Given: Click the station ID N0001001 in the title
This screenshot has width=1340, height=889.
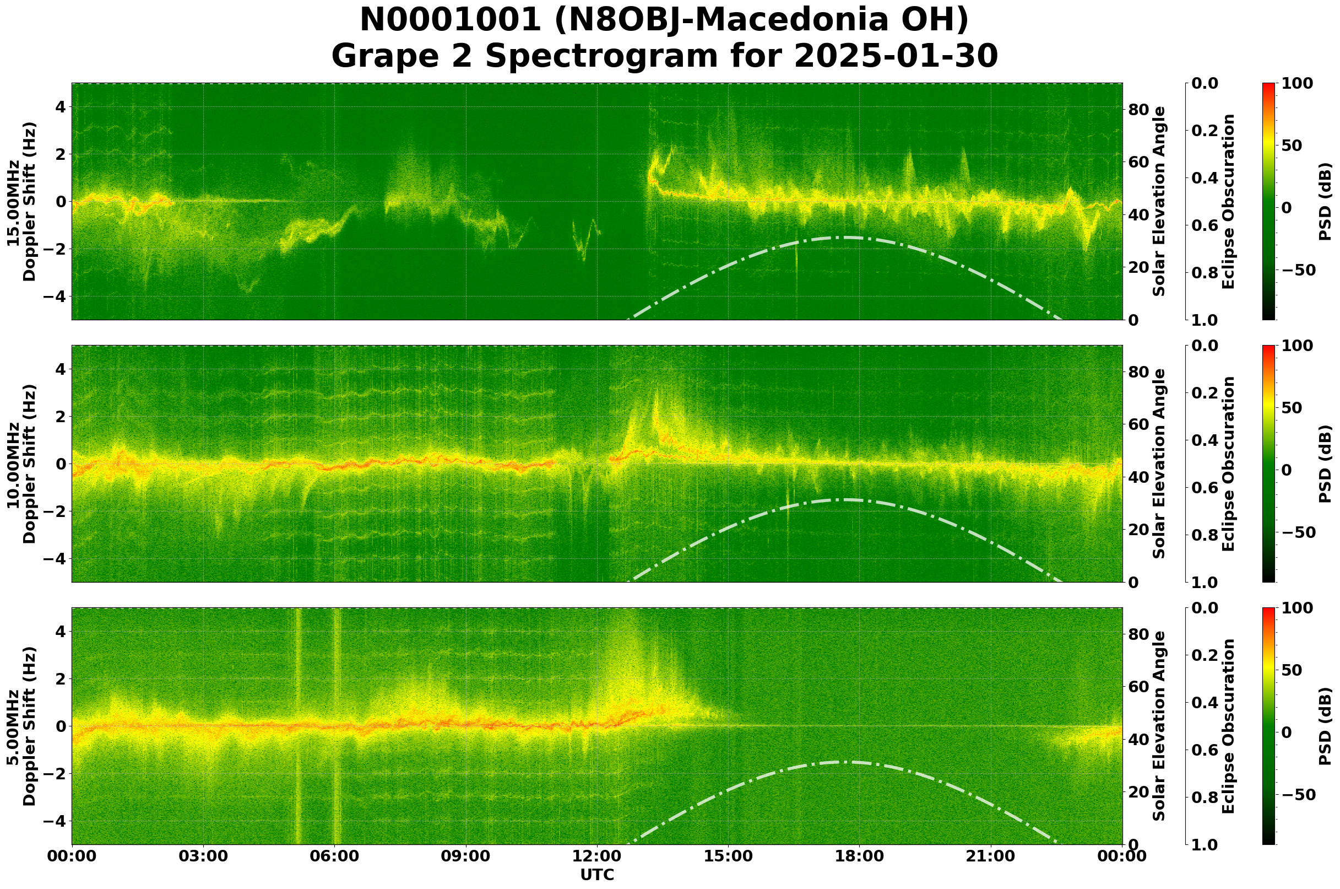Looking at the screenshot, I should click(x=451, y=21).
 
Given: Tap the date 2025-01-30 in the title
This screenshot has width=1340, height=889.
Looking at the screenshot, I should click(x=895, y=57).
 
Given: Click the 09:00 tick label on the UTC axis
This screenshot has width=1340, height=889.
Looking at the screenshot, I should click(x=465, y=856).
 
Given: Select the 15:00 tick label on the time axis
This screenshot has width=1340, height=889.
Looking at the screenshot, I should click(x=728, y=856).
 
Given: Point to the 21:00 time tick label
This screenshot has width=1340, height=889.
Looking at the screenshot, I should click(x=990, y=856).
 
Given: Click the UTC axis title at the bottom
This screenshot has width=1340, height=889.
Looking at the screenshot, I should click(x=596, y=875).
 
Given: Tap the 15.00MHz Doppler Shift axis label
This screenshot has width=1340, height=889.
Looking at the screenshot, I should click(x=21, y=202).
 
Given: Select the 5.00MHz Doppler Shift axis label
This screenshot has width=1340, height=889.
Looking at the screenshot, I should click(x=21, y=726).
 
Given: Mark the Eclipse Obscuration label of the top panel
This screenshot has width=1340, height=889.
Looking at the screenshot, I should click(x=1228, y=202).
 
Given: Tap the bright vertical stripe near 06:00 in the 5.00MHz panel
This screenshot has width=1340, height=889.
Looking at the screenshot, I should click(x=337, y=726).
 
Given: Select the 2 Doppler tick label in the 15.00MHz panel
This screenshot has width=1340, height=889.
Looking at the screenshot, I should click(x=60, y=154).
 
